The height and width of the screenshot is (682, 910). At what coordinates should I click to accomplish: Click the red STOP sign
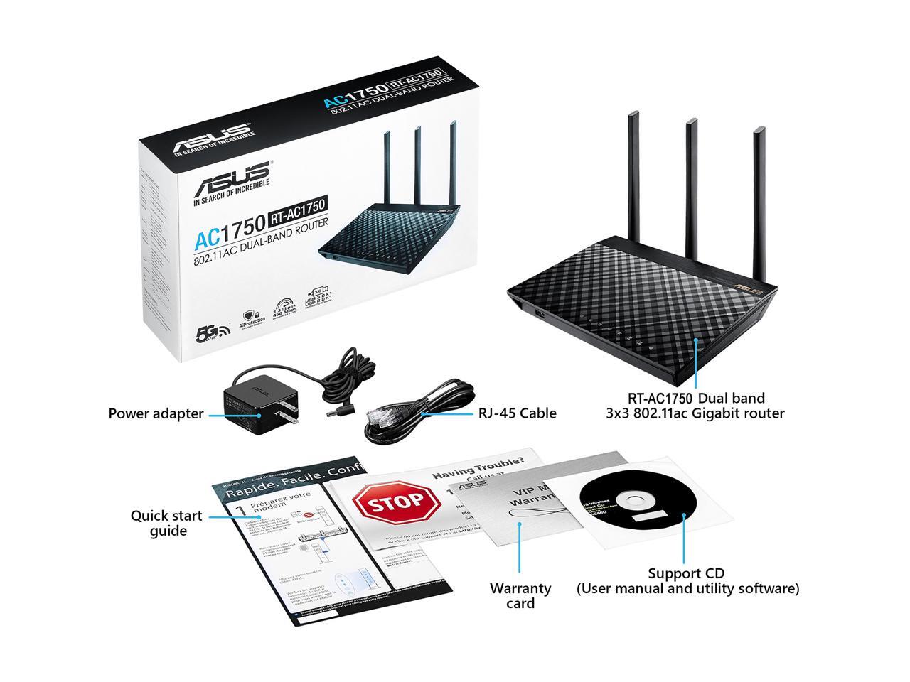tap(397, 502)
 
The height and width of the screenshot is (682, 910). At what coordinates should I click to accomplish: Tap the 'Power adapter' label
tap(156, 413)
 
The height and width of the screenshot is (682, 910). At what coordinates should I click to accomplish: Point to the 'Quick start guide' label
tap(166, 524)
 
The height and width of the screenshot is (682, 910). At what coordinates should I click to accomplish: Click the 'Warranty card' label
tap(520, 596)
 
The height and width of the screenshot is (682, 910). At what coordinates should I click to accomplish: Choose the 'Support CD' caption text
tap(687, 573)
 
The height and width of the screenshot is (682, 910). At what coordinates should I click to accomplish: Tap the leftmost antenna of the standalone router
tap(633, 170)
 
